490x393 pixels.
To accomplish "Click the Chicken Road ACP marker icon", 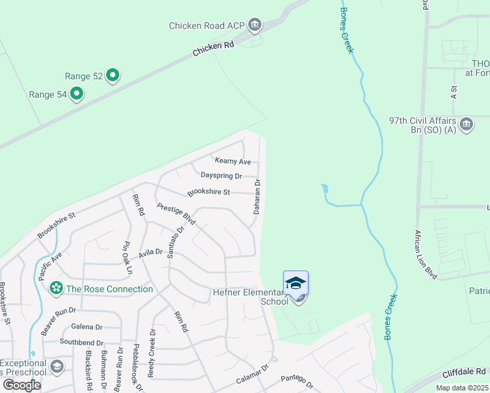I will pos(255,26).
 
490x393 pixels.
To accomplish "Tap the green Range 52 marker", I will pos(113,76).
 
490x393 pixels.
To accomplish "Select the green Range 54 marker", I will pos(77,94).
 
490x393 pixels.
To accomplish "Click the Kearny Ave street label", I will pos(233,161).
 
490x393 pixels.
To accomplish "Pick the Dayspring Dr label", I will pos(221,176).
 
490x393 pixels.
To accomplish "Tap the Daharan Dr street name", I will pos(257,198).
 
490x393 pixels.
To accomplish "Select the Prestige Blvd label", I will pos(176,214).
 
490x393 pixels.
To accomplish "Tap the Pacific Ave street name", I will pos(50,263).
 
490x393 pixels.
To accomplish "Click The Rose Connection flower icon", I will pos(56,289).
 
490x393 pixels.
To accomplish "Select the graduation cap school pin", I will pos(295,283).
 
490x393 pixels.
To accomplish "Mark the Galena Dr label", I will pos(87,327).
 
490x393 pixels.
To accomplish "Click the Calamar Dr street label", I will pos(253,376).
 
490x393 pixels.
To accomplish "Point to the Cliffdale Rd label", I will pos(463,371).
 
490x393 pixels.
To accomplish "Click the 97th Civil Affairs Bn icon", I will pos(467,124).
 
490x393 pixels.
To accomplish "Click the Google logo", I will pos(22,385).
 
